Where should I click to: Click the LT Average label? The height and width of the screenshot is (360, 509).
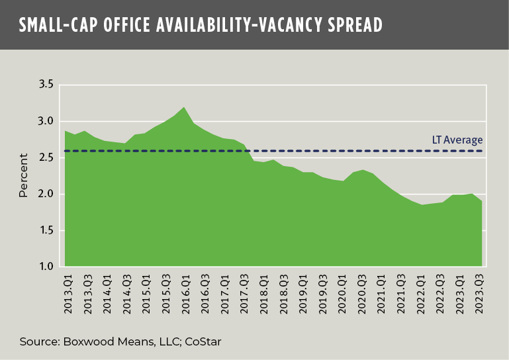point(453,140)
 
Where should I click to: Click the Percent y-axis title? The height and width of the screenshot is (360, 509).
point(24,176)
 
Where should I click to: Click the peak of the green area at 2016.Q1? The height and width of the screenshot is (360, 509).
point(183,107)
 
